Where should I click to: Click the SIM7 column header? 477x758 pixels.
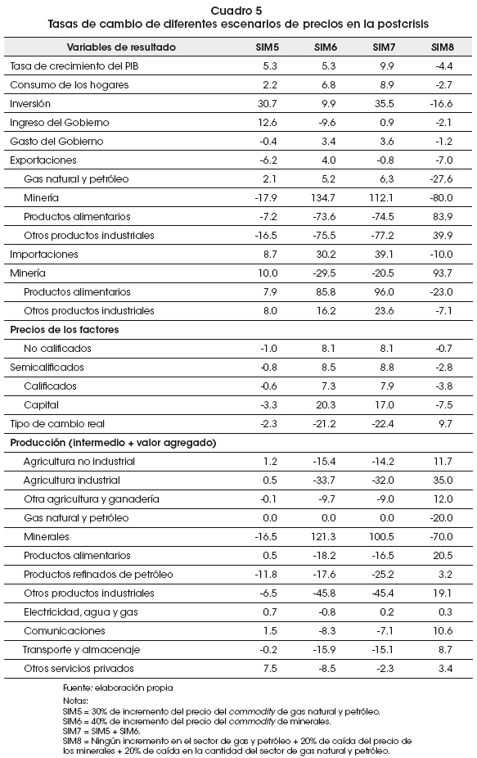[384, 47]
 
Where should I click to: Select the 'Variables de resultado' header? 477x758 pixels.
[121, 47]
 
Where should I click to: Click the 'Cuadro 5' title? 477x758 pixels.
[237, 11]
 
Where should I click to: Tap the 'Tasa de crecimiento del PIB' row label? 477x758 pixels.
[74, 66]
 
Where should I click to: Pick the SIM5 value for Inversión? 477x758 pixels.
[268, 104]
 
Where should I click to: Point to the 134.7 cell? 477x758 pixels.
[323, 198]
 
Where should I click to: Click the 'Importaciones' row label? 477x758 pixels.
[44, 255]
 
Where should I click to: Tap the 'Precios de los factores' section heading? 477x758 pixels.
[65, 330]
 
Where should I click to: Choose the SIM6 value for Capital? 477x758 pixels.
[326, 405]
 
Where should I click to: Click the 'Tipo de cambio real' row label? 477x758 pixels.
[57, 425]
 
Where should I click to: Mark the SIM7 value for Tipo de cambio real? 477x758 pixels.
[383, 425]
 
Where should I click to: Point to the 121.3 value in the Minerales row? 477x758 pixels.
[324, 538]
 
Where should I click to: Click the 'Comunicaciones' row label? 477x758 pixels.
[65, 632]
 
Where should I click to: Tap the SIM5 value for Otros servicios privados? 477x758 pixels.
[270, 670]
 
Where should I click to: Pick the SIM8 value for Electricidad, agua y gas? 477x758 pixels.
[446, 613]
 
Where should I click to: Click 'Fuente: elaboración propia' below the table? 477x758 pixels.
[118, 688]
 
